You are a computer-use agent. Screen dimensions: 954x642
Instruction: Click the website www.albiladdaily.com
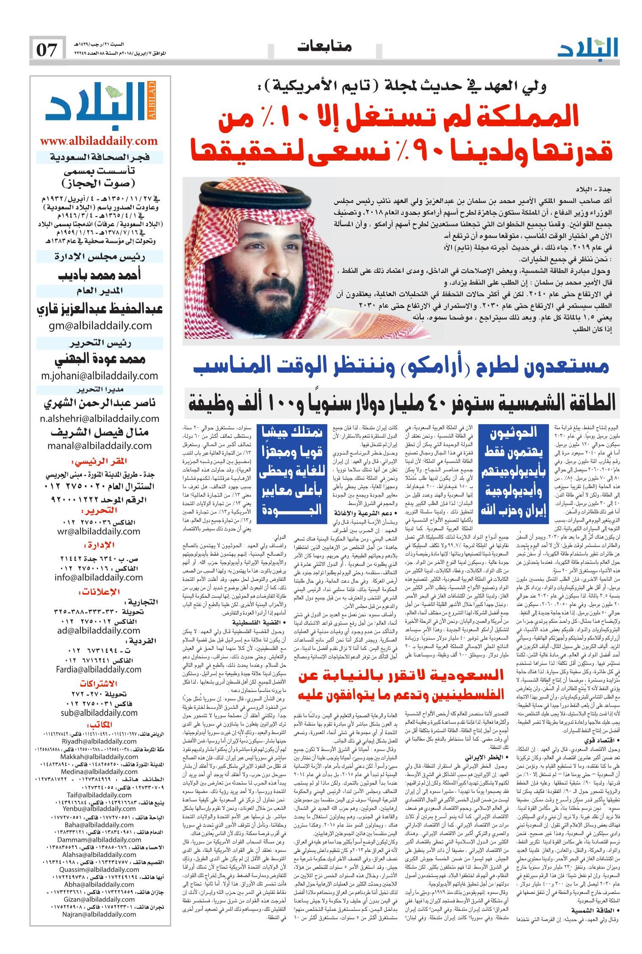click(99, 141)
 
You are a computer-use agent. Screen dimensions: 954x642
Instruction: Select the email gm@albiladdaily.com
click(99, 325)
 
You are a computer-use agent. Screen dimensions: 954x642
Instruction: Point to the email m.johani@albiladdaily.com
click(99, 375)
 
